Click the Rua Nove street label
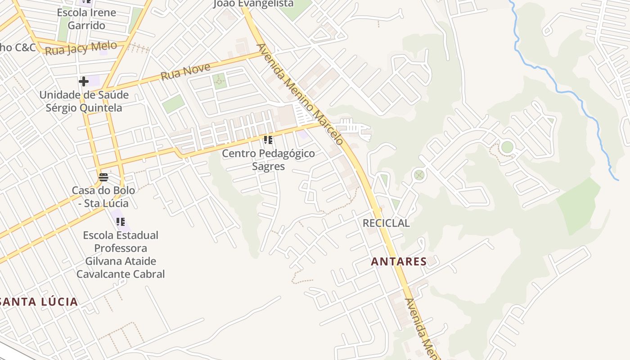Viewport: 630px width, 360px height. click(x=185, y=72)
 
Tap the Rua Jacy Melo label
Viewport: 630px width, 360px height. click(x=81, y=48)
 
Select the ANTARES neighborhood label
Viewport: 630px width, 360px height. click(x=399, y=261)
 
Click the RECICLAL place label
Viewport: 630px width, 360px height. click(x=386, y=223)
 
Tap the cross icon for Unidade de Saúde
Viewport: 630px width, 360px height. click(x=84, y=81)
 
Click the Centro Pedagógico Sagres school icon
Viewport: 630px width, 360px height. click(x=268, y=140)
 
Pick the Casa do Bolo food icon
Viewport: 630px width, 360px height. click(x=103, y=177)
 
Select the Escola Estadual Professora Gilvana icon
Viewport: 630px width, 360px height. click(x=120, y=221)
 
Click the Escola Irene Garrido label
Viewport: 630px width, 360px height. click(x=86, y=19)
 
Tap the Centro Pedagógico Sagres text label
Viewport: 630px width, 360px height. click(x=268, y=160)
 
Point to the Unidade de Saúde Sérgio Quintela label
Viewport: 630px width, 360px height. click(x=84, y=101)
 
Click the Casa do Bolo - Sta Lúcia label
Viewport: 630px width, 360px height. click(x=103, y=197)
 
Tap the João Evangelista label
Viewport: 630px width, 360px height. click(x=253, y=4)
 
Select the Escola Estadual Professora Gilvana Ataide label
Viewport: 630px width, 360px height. click(x=120, y=254)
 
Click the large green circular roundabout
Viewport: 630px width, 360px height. click(x=507, y=147)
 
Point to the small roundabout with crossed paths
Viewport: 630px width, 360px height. click(x=419, y=175)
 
